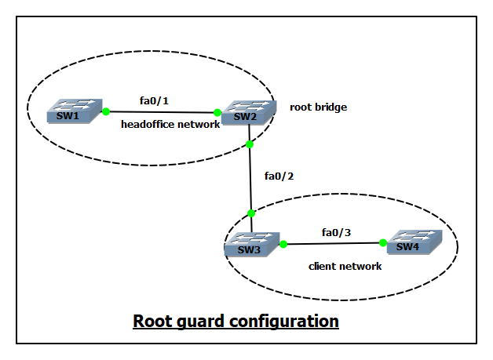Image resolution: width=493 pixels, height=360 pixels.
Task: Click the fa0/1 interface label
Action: click(154, 100)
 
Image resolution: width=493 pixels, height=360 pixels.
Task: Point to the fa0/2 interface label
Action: click(280, 176)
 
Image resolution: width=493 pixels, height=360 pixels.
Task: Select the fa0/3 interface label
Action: click(337, 231)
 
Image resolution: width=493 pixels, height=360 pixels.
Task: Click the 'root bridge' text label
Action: click(318, 107)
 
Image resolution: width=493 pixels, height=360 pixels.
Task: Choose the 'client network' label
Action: click(345, 267)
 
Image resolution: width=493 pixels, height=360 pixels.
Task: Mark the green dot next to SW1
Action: click(106, 112)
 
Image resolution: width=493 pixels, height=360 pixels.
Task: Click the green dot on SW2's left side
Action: click(217, 113)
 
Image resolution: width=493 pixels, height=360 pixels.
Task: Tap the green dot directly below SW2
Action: click(249, 144)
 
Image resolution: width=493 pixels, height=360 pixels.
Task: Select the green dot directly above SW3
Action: click(251, 213)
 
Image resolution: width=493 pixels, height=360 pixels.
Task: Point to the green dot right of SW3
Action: click(283, 244)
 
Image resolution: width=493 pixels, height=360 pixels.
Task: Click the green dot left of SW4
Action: click(383, 243)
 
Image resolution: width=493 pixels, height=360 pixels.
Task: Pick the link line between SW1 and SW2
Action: click(161, 112)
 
